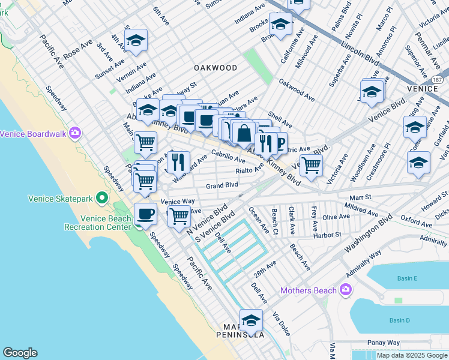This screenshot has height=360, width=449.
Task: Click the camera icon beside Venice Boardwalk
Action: [x=75, y=133]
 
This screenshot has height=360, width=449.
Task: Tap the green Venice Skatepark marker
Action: [x=103, y=197]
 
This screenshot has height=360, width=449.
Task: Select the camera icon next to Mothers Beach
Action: [x=345, y=290]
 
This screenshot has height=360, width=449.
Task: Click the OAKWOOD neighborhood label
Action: [x=215, y=68]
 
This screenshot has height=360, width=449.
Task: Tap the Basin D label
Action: [x=399, y=320]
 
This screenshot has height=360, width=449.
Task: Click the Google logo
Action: [x=20, y=353]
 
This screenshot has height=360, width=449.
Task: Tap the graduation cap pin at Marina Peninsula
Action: [x=251, y=320]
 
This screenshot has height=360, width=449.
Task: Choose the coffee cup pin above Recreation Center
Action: [x=145, y=213]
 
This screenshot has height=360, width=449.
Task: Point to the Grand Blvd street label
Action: [x=222, y=186]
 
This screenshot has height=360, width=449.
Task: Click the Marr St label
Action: [x=360, y=196]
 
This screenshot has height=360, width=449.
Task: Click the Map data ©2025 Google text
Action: [x=412, y=355]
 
